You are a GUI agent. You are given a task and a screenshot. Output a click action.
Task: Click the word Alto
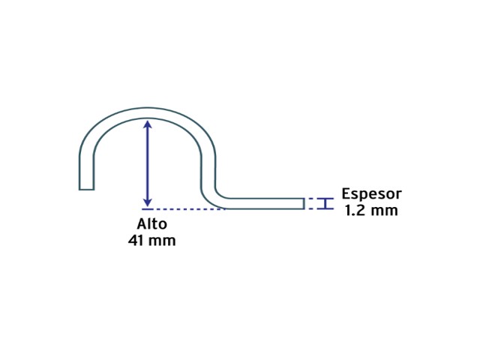(x=151, y=223)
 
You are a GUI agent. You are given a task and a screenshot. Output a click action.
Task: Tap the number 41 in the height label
(x=136, y=240)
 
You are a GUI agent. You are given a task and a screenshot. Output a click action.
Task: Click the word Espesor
(x=371, y=194)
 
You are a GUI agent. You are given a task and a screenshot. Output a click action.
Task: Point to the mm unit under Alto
(x=162, y=241)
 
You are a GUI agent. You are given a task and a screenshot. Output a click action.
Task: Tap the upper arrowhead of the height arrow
(x=148, y=124)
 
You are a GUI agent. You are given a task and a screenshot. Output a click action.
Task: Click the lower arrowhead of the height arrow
(x=148, y=202)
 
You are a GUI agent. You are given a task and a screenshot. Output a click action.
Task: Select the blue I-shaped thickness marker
(x=325, y=203)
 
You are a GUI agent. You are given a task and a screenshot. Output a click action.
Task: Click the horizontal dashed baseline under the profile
(x=184, y=209)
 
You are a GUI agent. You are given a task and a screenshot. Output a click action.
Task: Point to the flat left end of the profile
(x=86, y=190)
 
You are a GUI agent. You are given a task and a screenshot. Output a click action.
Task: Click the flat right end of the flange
(x=304, y=203)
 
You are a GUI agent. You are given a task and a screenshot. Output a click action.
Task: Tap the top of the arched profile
(x=148, y=112)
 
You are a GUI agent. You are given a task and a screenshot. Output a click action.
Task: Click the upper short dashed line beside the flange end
(x=312, y=199)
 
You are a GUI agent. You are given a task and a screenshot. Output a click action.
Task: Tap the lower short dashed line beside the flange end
(x=312, y=208)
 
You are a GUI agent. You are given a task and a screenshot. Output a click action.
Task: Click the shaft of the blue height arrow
(x=148, y=163)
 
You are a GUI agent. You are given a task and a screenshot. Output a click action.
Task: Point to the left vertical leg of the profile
(x=86, y=172)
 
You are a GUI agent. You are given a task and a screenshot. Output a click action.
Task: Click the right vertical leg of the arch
(x=208, y=172)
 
